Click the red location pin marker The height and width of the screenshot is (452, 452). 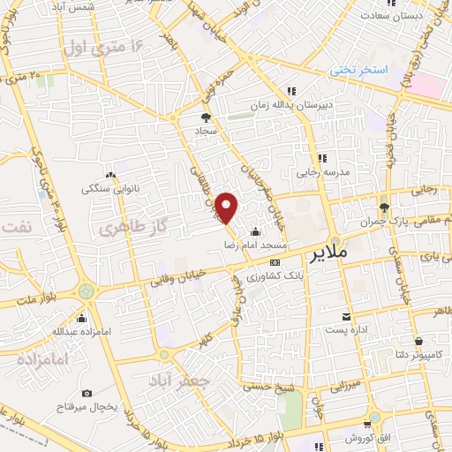click(x=228, y=208)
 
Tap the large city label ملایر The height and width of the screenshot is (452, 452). click(x=331, y=253)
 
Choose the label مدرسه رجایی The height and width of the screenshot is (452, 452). click(x=334, y=170)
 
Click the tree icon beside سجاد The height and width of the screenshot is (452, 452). click(x=206, y=116)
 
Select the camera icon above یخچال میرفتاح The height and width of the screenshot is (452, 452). click(x=87, y=393)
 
